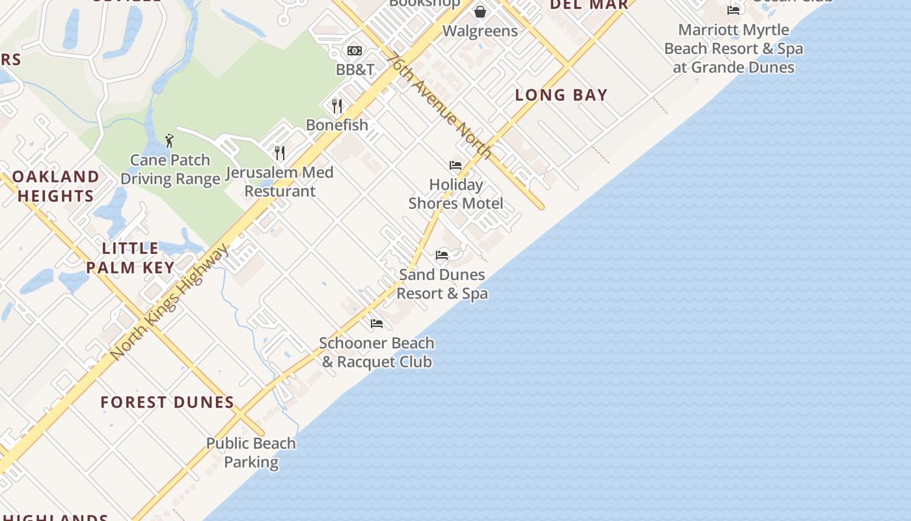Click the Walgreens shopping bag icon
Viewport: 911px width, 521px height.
click(x=480, y=12)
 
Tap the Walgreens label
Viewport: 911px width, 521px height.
click(x=480, y=31)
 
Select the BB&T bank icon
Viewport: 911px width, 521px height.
click(x=355, y=51)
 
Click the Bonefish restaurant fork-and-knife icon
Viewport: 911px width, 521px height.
click(x=337, y=106)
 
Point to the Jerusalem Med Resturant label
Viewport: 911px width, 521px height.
click(x=280, y=182)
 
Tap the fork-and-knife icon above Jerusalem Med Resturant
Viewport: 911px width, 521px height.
click(x=280, y=153)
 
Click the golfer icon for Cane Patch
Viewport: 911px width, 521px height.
click(x=169, y=140)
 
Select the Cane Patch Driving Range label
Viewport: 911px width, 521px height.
click(x=170, y=169)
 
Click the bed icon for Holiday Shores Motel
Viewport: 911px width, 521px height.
click(x=455, y=165)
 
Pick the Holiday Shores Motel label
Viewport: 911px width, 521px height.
click(x=456, y=194)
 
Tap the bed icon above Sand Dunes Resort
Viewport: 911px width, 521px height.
click(x=442, y=255)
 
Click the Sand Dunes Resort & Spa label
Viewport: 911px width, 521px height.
click(x=442, y=284)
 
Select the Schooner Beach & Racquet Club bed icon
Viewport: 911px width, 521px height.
click(x=377, y=323)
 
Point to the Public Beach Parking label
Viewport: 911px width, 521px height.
click(x=251, y=453)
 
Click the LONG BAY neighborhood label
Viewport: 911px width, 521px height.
click(x=561, y=95)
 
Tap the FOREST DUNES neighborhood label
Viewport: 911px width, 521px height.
click(x=167, y=402)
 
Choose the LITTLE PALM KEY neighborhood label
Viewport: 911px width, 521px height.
click(x=131, y=258)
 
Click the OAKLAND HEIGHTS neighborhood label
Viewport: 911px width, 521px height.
click(x=56, y=186)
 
